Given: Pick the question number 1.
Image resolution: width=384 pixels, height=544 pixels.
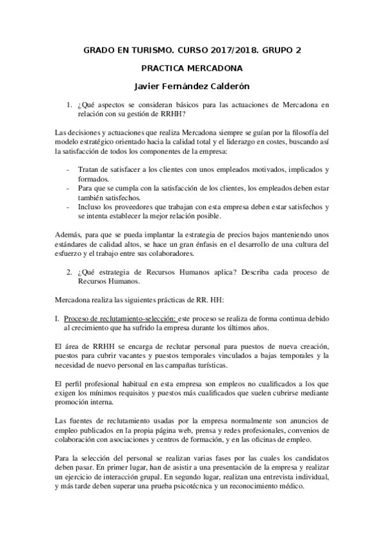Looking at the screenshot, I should pos(69,105).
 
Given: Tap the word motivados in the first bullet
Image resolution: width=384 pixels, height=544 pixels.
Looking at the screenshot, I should pos(247,169).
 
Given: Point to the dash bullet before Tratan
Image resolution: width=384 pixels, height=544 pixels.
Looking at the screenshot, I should pos(69,169).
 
